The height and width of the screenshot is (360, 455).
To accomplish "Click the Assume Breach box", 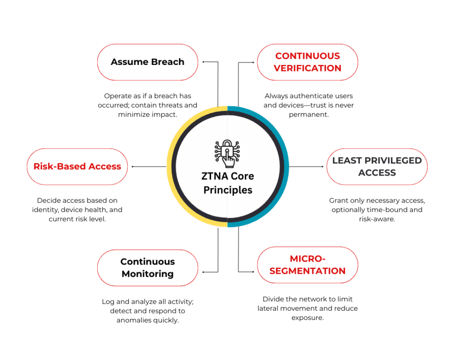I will tap(148, 62).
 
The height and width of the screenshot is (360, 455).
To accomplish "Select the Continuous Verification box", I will tap(307, 62).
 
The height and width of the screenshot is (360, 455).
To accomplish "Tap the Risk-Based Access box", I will tap(77, 167).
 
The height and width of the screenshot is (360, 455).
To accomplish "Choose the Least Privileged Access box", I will tap(377, 167).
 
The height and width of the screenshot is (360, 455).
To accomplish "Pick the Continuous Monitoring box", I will tap(148, 268).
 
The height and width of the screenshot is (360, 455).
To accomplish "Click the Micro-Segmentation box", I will tap(307, 265).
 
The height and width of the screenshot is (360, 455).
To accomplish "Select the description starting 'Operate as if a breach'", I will tap(148, 105).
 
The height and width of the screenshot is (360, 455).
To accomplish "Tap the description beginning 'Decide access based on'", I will tap(77, 210).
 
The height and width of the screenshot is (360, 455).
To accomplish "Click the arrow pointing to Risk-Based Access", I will tap(133, 167).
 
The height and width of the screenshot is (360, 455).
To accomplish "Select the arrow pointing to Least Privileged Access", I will tap(322, 167).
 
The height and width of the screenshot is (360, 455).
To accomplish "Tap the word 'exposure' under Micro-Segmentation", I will tap(307, 317).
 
